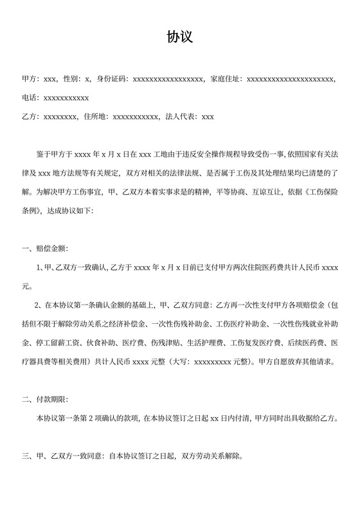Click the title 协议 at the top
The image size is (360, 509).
click(x=180, y=38)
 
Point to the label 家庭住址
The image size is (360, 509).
click(x=226, y=80)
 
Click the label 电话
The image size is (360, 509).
click(x=30, y=98)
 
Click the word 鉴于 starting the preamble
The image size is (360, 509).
click(x=44, y=155)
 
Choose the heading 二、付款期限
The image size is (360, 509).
click(x=44, y=401)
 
